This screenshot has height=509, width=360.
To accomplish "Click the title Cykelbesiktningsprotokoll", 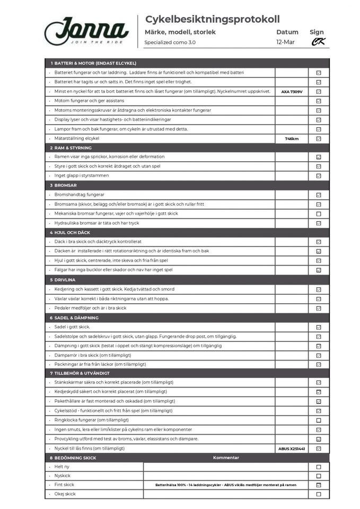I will point(212,20).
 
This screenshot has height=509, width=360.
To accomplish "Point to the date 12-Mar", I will point(286,42).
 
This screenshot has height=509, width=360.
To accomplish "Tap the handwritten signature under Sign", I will point(318,42).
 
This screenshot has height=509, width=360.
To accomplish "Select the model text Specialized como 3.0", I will point(170,42).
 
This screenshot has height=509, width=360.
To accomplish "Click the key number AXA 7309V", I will point(292,92).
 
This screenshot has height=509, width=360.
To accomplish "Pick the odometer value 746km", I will point(292,138).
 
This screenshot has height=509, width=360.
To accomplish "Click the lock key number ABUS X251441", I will point(292,449).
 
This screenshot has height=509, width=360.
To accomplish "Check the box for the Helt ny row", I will point(319,467).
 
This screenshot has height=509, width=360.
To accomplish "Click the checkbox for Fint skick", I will point(319,485).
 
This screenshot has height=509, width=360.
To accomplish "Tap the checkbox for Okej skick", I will point(319,494).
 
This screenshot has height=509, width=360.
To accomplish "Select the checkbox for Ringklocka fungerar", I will point(319,420).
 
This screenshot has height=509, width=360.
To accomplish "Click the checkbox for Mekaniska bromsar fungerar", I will point(319,214).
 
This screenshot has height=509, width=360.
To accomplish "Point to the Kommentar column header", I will point(226,458).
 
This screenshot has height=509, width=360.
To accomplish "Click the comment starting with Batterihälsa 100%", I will point(225,485).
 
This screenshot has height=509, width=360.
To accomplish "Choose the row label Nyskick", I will point(63,476).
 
